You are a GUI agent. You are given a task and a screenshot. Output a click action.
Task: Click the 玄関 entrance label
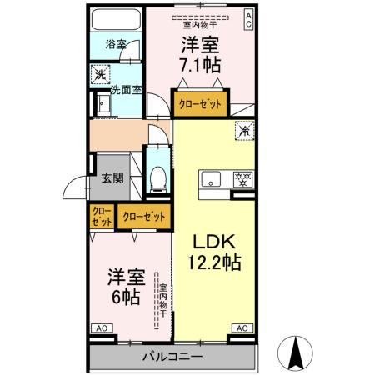click(112, 177)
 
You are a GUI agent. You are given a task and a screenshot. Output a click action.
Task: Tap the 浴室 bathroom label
click(117, 43)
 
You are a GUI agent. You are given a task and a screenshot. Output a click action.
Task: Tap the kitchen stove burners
click(243, 177)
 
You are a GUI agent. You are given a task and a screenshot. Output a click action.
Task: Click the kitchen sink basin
click(209, 177)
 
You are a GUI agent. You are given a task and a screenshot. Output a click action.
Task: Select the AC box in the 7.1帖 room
click(248, 20)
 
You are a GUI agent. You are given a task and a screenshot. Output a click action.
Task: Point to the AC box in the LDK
click(242, 329)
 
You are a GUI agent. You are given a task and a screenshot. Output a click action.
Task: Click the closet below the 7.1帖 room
click(201, 105)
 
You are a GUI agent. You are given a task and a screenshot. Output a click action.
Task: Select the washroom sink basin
click(103, 103)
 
